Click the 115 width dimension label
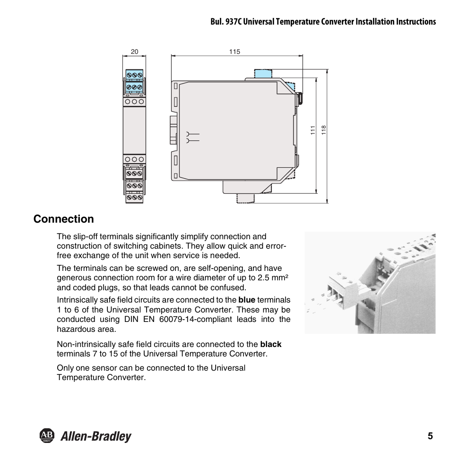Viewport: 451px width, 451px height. pos(235,52)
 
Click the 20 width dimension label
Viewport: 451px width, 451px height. pos(134,52)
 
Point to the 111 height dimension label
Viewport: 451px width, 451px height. pos(313,130)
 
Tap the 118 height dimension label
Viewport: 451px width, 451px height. pos(324,130)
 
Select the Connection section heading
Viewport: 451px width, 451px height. pos(64,219)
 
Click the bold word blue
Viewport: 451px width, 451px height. pos(246,300)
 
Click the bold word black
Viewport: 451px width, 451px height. pos(270,344)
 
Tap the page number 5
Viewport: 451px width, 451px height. pos(430,436)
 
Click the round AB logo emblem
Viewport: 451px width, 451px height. pos(45,436)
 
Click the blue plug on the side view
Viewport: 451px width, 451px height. pos(263,74)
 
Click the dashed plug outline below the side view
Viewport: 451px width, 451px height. pos(246,198)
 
